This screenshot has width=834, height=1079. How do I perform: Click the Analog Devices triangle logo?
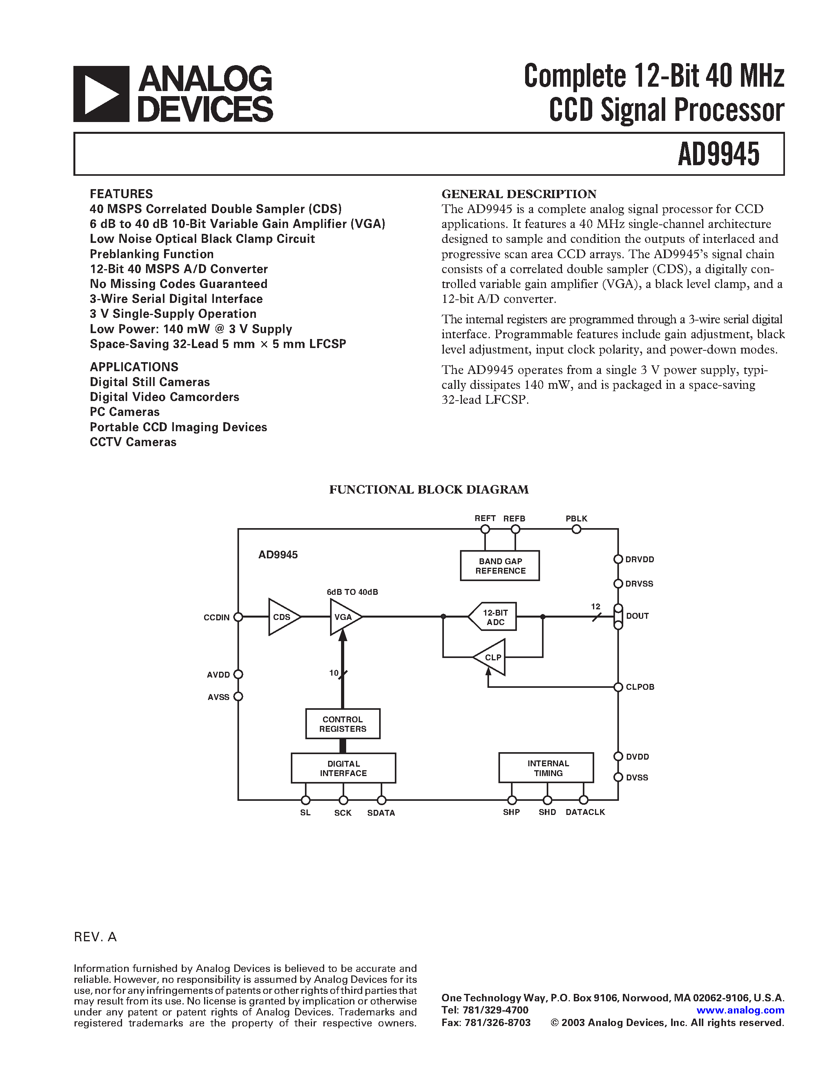pos(101,94)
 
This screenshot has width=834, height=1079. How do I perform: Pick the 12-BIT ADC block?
pos(494,616)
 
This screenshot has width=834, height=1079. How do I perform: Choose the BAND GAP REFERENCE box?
pos(500,566)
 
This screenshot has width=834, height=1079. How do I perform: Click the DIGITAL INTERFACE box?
pos(343,768)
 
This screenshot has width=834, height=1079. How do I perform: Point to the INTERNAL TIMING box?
pos(546,768)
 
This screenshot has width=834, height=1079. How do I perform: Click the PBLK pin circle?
pos(576,530)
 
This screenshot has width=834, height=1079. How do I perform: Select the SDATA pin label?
pos(381,813)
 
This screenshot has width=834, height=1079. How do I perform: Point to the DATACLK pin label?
pos(585,812)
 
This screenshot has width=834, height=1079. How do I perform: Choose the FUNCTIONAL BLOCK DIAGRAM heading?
pos(429,490)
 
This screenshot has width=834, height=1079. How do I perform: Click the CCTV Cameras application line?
pos(133,442)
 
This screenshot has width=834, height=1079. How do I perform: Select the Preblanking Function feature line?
pos(151,254)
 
